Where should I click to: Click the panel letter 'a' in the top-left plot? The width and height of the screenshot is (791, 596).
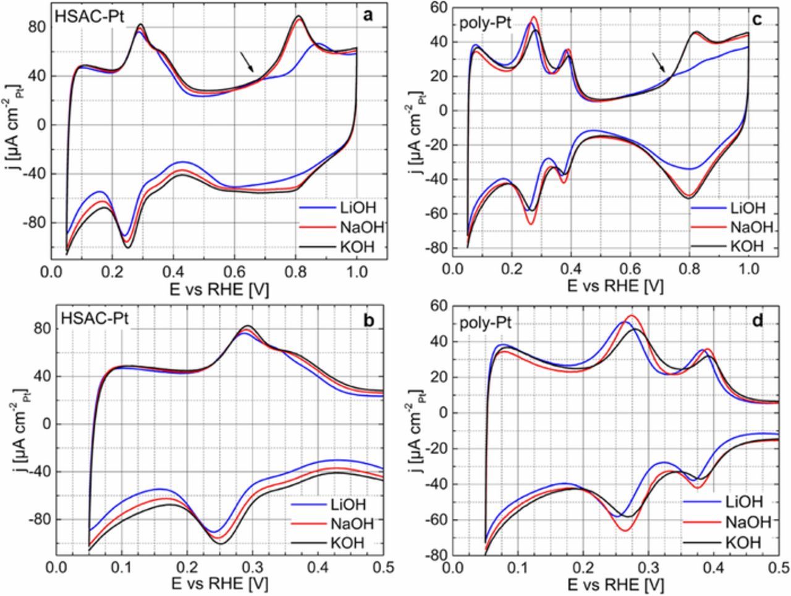(368, 16)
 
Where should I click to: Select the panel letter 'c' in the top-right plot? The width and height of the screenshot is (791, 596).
(756, 19)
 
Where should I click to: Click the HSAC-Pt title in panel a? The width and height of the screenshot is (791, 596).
(90, 17)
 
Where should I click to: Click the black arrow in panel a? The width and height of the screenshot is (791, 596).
(247, 61)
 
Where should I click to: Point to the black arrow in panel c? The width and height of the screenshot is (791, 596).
(659, 62)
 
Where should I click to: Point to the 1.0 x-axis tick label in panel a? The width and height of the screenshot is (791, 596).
(357, 272)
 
